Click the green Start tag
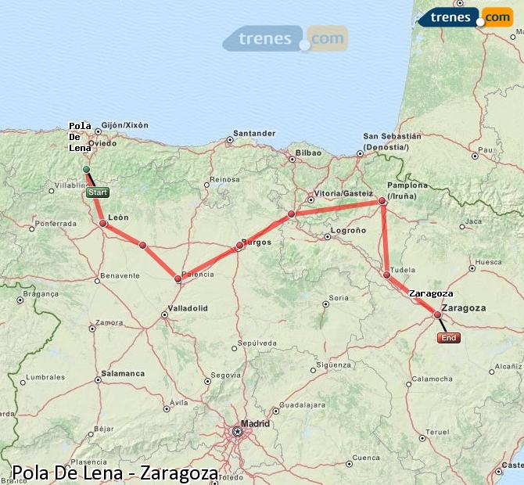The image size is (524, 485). pos(98,192)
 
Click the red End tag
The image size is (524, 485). pos(449,338)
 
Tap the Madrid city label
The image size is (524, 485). pos(255,424)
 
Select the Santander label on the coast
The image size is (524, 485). pos(254,133)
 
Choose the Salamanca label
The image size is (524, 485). pos(122,373)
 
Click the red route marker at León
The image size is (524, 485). pos(103,223)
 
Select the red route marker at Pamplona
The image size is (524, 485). pos(382,201)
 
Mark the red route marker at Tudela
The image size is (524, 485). pos(387,275)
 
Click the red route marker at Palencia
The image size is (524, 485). pos(178,278)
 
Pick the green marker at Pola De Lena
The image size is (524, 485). pos(87,169)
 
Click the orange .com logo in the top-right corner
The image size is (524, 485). pos(497,17)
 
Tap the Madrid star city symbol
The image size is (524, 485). pos(238,431)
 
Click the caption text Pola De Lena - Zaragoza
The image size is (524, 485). pos(115,472)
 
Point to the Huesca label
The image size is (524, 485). pos(488,263)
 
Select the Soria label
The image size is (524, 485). pos(339,298)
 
